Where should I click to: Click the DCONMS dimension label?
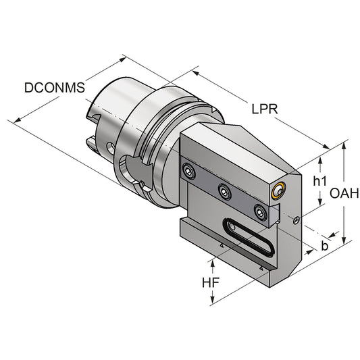click(x=53, y=87)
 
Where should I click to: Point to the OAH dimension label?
click(x=343, y=194)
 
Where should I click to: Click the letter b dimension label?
click(x=324, y=246)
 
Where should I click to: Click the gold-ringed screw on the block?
click(x=277, y=192)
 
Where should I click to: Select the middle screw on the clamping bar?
click(x=224, y=191)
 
